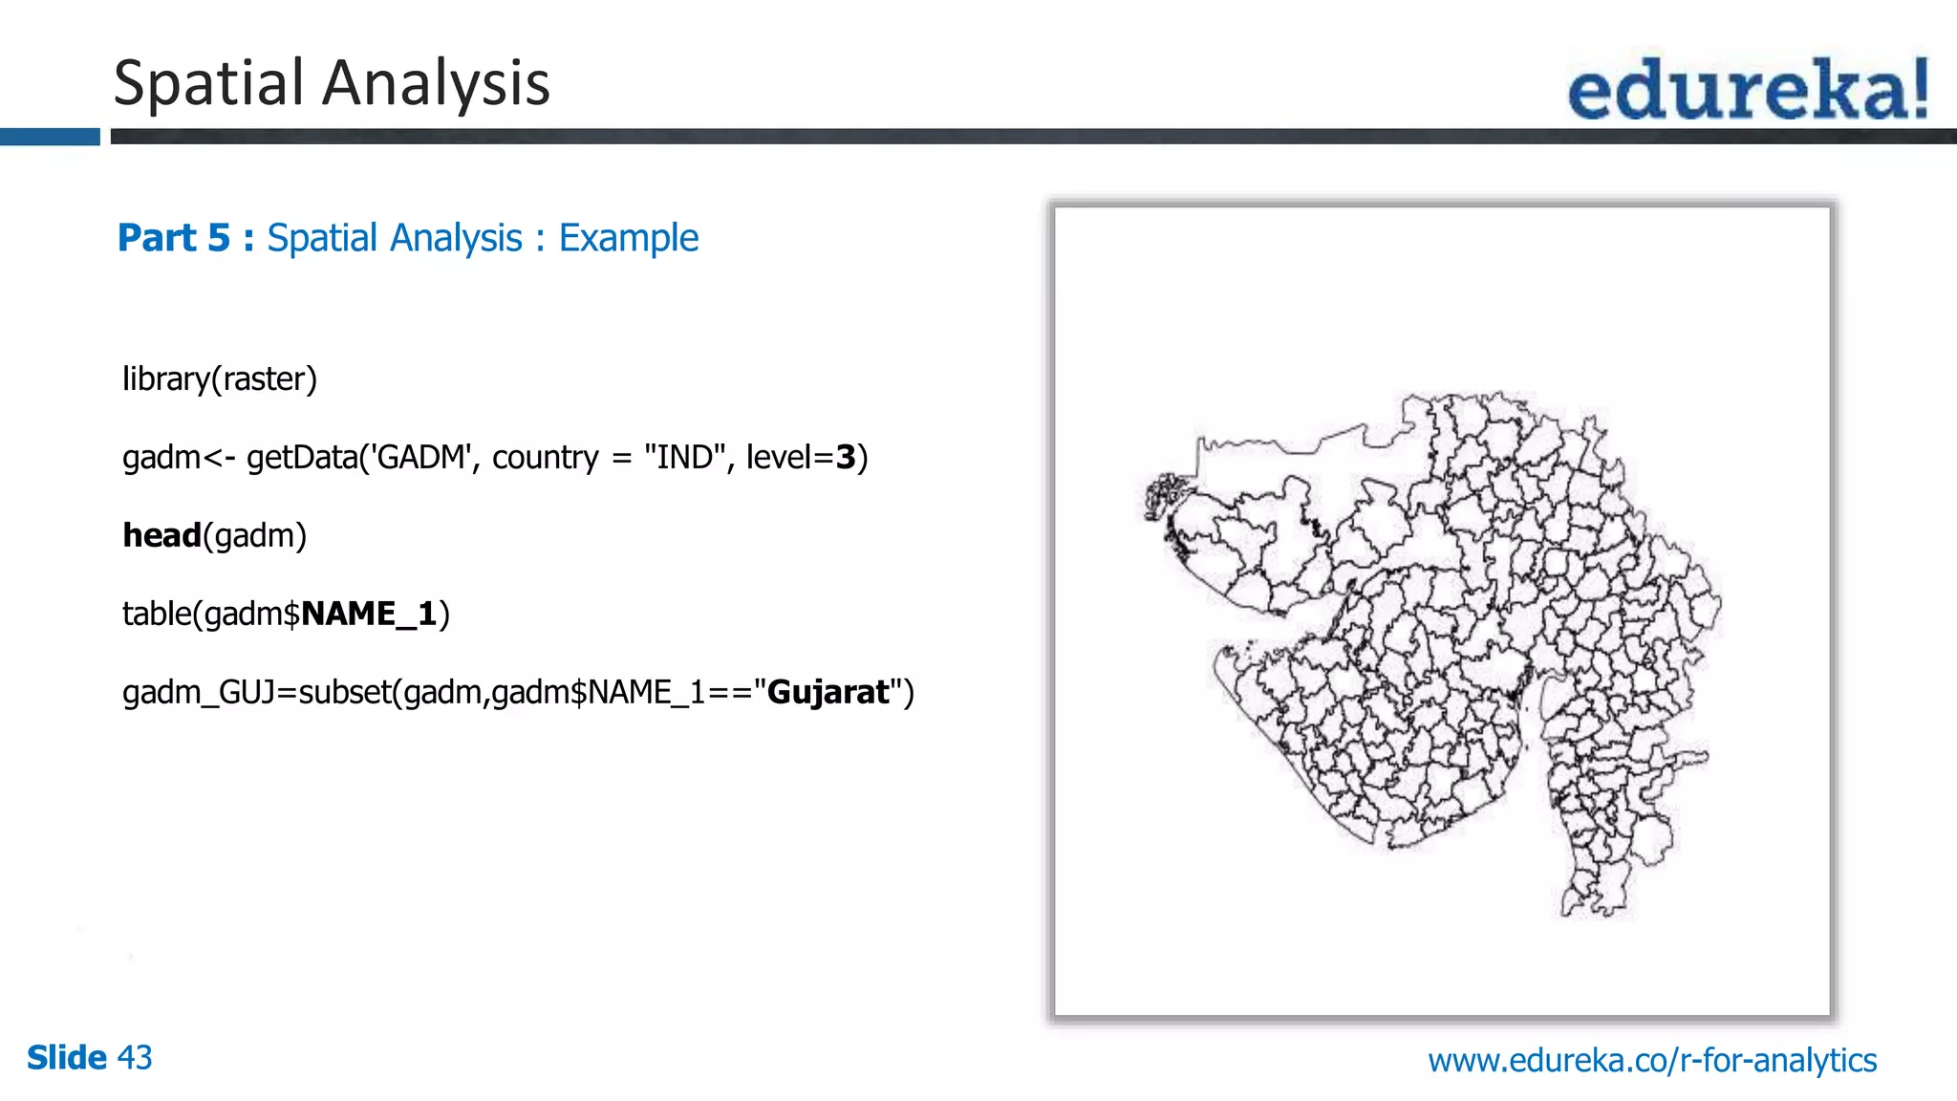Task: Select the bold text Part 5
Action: [174, 238]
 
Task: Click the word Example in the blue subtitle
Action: [628, 238]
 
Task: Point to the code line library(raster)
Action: [219, 379]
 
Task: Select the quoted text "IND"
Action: [683, 458]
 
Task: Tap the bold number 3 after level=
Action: [846, 458]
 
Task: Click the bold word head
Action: [161, 536]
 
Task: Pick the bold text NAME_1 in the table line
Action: [369, 614]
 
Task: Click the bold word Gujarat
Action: [828, 692]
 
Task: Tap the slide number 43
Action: [135, 1058]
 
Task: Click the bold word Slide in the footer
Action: [66, 1058]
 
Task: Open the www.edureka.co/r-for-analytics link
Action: [1652, 1060]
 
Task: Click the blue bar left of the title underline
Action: [50, 138]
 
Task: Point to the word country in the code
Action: [545, 458]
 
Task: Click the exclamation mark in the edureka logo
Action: [1918, 88]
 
